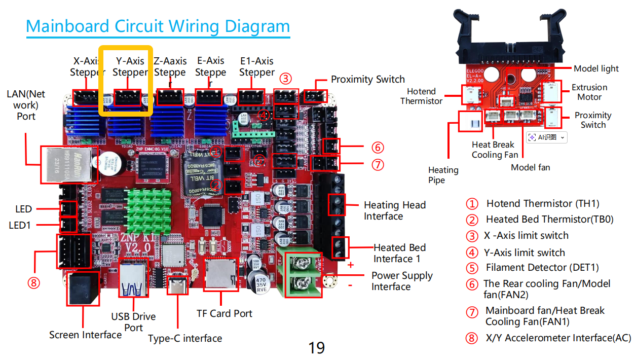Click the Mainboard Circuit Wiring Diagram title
[158, 26]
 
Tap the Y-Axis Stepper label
[130, 67]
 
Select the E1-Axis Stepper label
[257, 67]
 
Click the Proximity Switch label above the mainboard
[367, 80]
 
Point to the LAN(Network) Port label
[26, 105]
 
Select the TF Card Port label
[224, 313]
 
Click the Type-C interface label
[185, 338]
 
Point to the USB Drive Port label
[133, 322]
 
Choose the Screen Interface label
[85, 335]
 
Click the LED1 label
[20, 225]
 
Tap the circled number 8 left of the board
[33, 282]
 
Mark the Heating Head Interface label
[394, 210]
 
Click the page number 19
[317, 348]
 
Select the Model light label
[596, 68]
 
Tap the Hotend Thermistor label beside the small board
[421, 96]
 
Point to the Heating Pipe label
[443, 175]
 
